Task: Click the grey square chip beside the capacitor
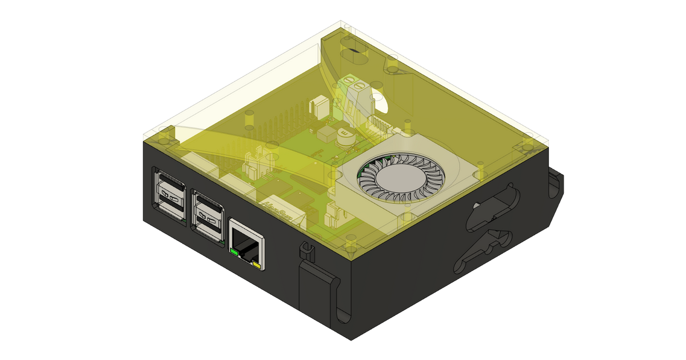tap(328, 135)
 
